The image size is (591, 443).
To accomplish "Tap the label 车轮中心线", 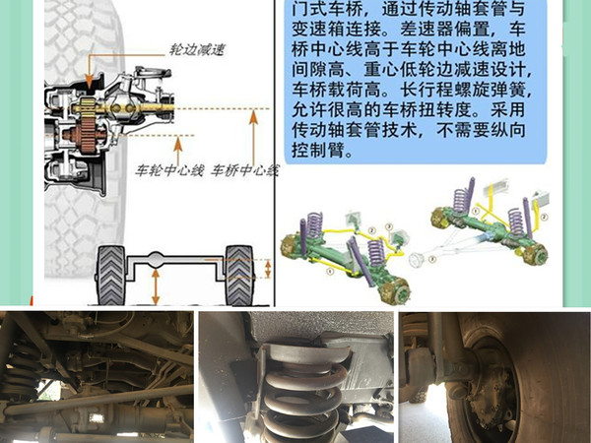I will click(170, 170).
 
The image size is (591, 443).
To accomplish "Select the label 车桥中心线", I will click(245, 170).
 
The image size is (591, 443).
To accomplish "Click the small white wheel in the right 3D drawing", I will click(429, 260).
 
